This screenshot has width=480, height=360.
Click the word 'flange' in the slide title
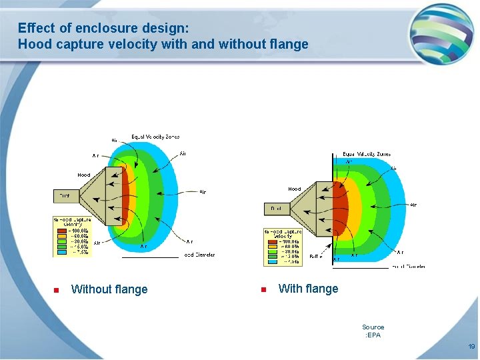[x=288, y=45]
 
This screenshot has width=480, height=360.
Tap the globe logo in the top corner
[x=441, y=33]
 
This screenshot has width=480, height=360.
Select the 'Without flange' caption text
[x=109, y=289]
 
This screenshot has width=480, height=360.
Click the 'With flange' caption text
[x=308, y=289]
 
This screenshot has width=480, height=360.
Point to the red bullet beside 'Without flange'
[x=57, y=290]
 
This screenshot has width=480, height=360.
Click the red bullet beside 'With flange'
[x=263, y=289]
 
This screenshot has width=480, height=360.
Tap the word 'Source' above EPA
[x=373, y=327]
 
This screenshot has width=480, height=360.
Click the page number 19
[x=471, y=347]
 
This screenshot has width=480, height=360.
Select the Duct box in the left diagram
[x=65, y=196]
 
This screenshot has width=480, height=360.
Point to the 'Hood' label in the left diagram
[x=83, y=175]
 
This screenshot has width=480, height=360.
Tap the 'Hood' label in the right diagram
[x=294, y=189]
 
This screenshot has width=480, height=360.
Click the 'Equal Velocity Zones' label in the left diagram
[x=155, y=137]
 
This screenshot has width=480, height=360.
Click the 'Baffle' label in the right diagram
[x=315, y=256]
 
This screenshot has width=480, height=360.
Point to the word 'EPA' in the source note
[x=373, y=335]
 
